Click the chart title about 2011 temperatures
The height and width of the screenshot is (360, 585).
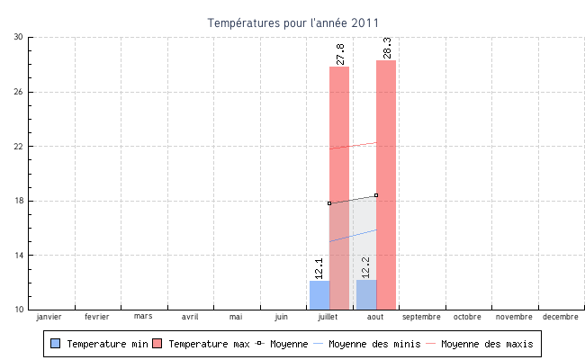point(292,22)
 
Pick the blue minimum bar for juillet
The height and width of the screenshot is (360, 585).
point(319,294)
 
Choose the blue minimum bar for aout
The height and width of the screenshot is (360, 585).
point(366,294)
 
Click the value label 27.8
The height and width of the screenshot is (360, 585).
point(340,54)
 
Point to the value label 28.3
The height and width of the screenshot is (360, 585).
point(387,49)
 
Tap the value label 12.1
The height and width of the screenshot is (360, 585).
point(319,267)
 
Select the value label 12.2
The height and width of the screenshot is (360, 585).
point(366,266)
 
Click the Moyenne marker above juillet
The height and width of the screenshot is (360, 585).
point(329,203)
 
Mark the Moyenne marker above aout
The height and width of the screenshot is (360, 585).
point(376,195)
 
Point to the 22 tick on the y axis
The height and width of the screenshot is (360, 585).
point(19,147)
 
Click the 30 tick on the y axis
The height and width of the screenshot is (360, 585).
point(19,38)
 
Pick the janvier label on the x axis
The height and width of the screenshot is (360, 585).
point(49,317)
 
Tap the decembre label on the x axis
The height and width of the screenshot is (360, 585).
point(561,317)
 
